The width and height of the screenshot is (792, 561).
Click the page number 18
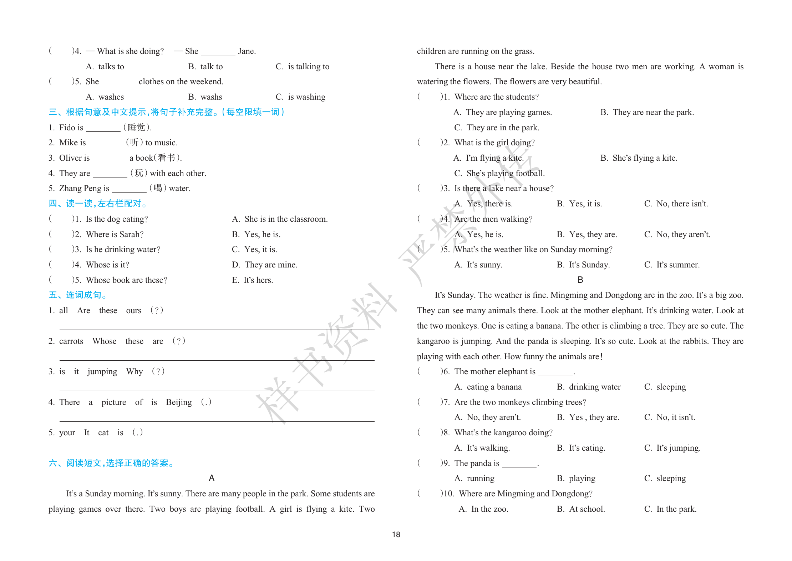[x=396, y=534]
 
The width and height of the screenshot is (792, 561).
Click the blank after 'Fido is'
[x=103, y=128]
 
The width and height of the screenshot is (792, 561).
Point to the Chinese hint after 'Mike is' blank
[x=134, y=142]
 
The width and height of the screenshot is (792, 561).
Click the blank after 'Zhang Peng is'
[x=129, y=189]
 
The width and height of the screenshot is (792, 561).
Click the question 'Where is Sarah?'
[x=115, y=234]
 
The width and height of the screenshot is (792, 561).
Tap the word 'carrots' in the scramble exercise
[x=71, y=341]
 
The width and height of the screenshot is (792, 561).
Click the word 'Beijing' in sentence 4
[x=179, y=402]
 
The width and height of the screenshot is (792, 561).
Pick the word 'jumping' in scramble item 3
[x=102, y=371]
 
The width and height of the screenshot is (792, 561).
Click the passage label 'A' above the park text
[x=212, y=478]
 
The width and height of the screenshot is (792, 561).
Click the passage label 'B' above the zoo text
[x=580, y=280]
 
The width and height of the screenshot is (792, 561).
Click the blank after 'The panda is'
[x=519, y=464]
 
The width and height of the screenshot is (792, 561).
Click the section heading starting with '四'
[x=98, y=204]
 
